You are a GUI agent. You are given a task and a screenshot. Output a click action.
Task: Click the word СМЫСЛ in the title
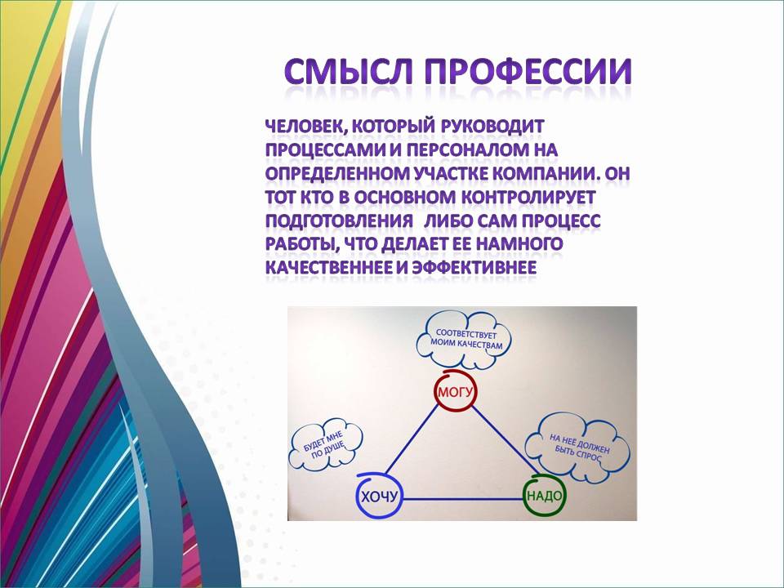[349, 71]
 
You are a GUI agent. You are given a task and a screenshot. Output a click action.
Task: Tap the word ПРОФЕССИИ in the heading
[528, 71]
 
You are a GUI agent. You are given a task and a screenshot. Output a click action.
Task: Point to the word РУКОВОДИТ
[492, 126]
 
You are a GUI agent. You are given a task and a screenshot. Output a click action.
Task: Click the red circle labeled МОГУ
[455, 391]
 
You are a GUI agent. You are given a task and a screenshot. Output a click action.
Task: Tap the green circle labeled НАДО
[545, 496]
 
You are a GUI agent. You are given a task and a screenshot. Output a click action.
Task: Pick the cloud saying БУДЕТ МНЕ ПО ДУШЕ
[325, 444]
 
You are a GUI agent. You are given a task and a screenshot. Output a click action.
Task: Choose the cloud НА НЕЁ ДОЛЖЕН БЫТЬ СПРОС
[578, 445]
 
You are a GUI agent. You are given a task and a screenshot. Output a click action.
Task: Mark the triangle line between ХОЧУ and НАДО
[463, 498]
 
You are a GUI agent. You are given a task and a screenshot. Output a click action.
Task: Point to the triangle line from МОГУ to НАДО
[504, 441]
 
